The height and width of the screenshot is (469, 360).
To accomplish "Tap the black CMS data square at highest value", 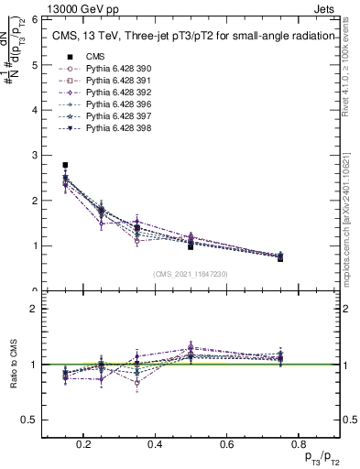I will coord(65,165).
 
